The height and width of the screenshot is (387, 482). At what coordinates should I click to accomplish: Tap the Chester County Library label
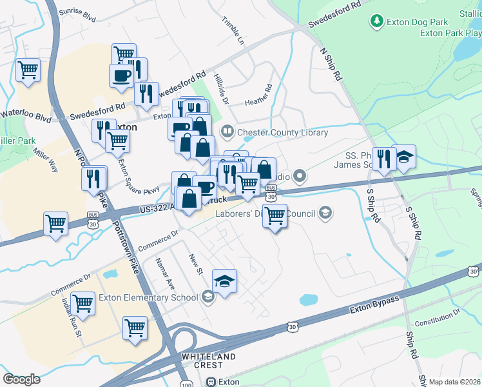[283, 133]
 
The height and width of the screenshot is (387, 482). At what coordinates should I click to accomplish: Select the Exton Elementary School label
[148, 297]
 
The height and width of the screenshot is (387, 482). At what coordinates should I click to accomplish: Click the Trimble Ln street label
[234, 32]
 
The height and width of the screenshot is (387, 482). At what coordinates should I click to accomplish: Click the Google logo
[21, 379]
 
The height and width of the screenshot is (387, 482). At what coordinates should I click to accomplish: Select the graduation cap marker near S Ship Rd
[404, 157]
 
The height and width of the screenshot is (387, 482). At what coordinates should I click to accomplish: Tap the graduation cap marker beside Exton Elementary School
[224, 281]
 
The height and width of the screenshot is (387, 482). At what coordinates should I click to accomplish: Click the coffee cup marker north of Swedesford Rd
[121, 76]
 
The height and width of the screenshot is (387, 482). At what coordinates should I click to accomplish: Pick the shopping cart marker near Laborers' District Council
[275, 215]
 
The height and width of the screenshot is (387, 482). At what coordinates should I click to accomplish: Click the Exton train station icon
[211, 382]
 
